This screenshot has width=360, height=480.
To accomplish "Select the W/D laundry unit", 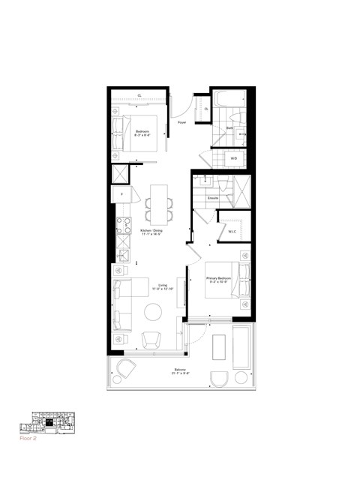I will click(233, 159).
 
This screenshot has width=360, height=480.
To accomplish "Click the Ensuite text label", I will click(212, 197).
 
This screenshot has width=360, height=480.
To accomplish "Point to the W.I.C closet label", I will click(232, 232).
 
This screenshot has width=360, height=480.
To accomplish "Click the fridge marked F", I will click(121, 194).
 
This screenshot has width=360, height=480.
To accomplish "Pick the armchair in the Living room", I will click(152, 339).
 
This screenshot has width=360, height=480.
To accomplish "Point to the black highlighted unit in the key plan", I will click(49, 421).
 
